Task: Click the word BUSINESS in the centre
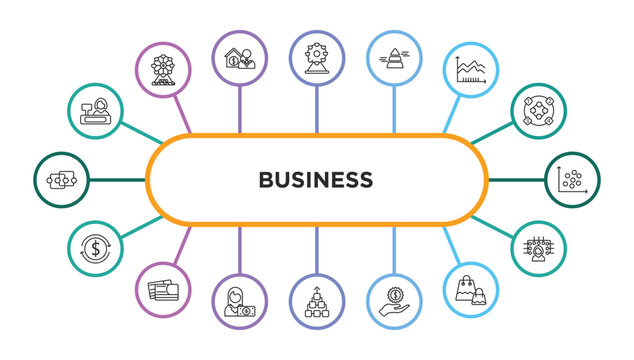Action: [x=316, y=180]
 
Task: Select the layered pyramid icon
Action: [x=394, y=59]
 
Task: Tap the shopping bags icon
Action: [x=470, y=290]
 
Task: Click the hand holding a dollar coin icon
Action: [x=394, y=301]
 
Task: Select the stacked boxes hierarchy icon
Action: [x=317, y=301]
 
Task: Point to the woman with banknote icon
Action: [x=240, y=301]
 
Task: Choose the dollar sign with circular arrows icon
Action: [x=96, y=247]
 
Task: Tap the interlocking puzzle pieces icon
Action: [x=62, y=180]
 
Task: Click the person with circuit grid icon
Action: [x=541, y=247]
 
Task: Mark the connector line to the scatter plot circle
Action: [x=516, y=180]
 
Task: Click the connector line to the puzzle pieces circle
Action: [x=118, y=180]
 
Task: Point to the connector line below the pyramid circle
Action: [x=394, y=109]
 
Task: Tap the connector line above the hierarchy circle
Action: [x=317, y=250]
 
